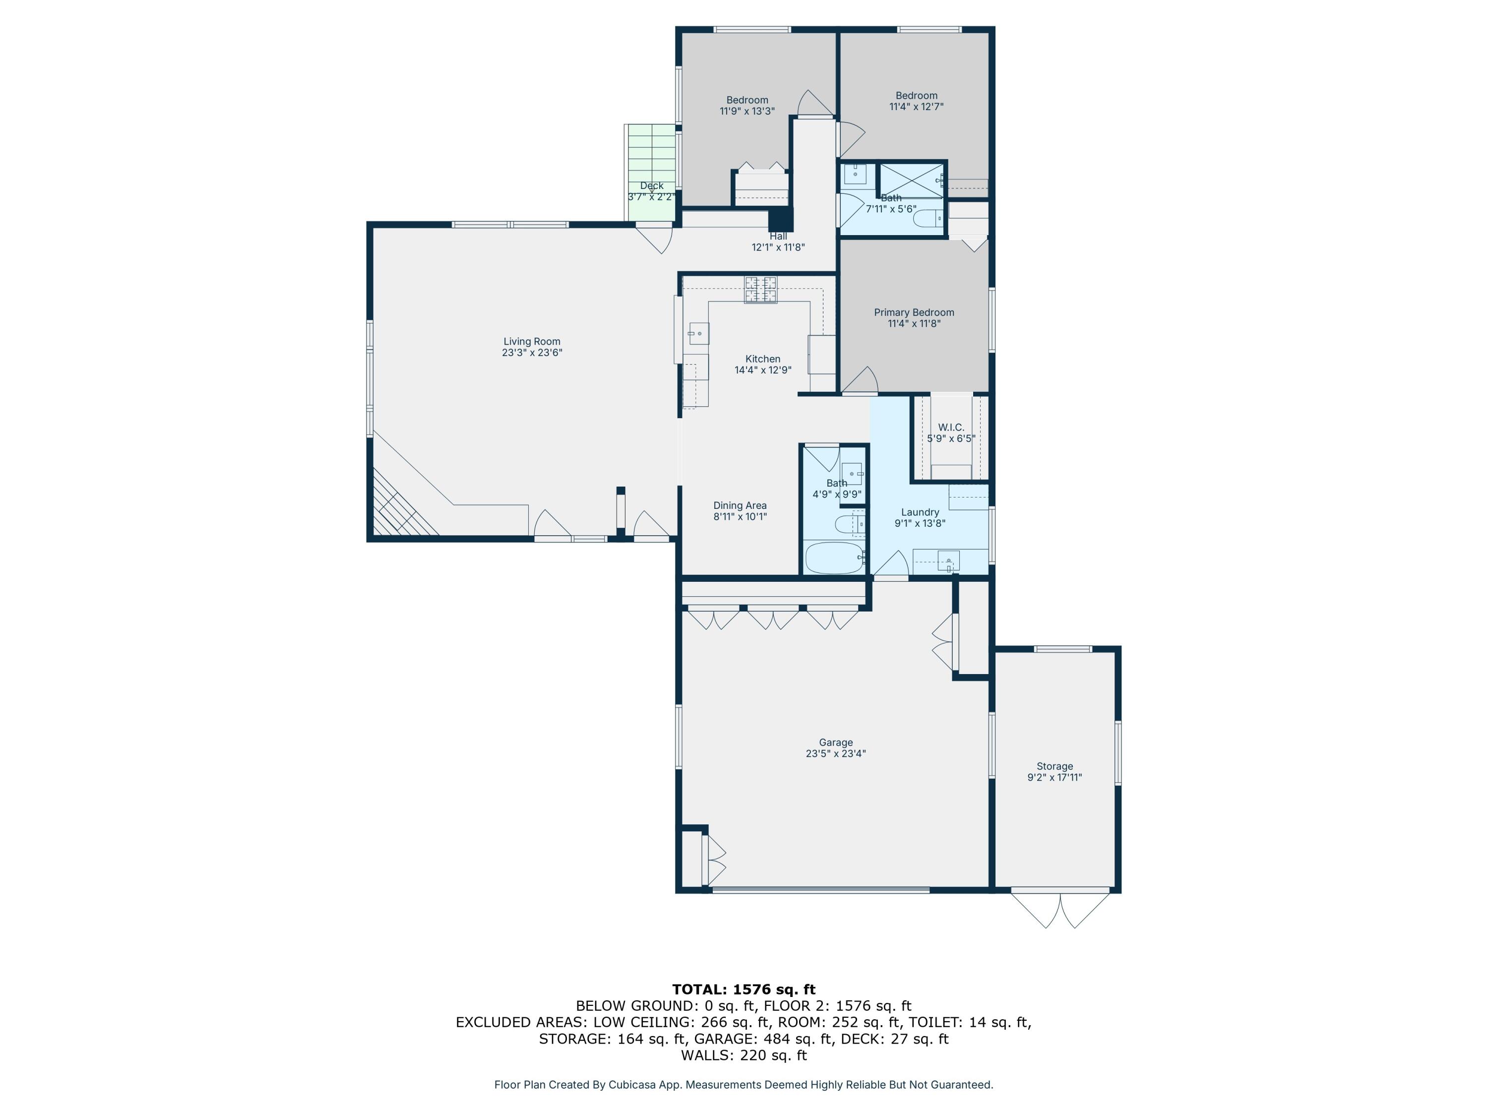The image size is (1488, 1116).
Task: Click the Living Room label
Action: [x=531, y=341]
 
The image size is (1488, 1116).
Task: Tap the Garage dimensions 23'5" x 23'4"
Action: [x=835, y=753]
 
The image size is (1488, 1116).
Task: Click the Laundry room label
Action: [x=920, y=512]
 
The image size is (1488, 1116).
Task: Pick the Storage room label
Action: [x=1054, y=766]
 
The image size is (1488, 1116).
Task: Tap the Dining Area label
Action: [x=740, y=505]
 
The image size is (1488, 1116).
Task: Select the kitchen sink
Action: [x=698, y=333]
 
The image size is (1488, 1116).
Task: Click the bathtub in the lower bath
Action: [x=834, y=558]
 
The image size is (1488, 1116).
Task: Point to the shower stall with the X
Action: [x=912, y=180]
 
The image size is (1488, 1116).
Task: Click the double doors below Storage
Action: [x=1060, y=910]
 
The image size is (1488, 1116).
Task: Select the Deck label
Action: [x=651, y=186]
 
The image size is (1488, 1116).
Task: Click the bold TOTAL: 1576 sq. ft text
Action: [x=744, y=989]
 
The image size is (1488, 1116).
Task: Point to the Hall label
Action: [x=778, y=236]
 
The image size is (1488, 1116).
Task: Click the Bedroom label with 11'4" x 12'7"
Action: [x=916, y=96]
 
